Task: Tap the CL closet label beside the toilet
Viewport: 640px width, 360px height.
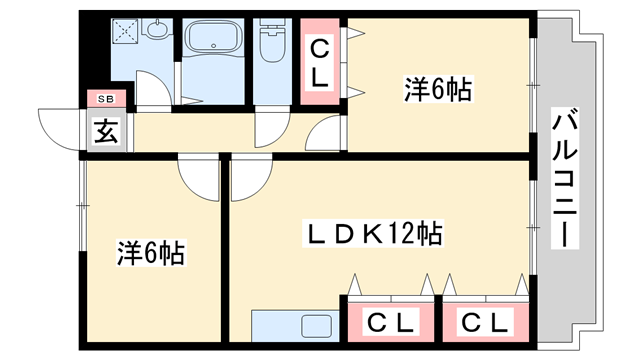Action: point(318,62)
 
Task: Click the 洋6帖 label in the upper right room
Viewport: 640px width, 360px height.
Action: point(437,89)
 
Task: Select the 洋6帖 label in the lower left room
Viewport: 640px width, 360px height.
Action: point(150,252)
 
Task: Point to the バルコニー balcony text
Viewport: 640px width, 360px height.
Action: point(564,179)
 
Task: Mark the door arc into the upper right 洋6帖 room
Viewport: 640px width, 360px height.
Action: point(328,136)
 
